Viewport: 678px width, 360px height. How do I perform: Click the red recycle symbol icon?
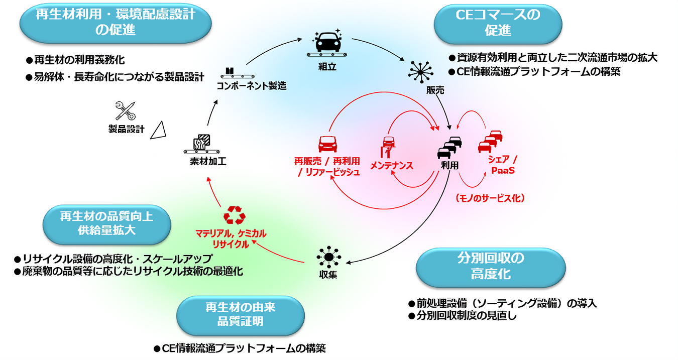[234, 215]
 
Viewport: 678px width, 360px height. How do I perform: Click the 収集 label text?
[328, 275]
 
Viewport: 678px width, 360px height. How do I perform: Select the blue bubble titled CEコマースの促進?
[498, 22]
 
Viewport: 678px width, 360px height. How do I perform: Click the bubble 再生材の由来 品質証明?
[241, 313]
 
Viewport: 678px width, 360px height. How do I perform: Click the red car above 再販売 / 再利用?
[327, 145]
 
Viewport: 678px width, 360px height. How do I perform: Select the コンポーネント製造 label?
[251, 86]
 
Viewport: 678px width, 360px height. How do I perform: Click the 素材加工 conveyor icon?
[204, 144]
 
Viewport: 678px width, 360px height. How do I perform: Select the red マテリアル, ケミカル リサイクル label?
[231, 239]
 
